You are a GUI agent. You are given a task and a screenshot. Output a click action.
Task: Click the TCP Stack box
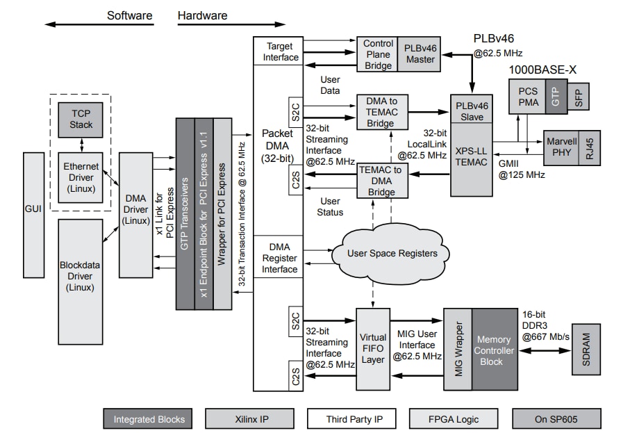pyautogui.click(x=81, y=120)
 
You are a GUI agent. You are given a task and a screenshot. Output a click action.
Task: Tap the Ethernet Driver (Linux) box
pyautogui.click(x=81, y=177)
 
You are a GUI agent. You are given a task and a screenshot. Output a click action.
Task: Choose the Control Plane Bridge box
pyautogui.click(x=378, y=54)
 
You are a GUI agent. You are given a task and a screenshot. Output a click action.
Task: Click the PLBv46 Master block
pyautogui.click(x=420, y=54)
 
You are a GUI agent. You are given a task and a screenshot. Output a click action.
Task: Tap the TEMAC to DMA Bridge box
pyautogui.click(x=382, y=180)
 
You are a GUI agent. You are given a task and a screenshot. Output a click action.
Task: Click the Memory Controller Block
pyautogui.click(x=495, y=350)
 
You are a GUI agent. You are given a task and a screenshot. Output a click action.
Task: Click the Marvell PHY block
pyautogui.click(x=562, y=147)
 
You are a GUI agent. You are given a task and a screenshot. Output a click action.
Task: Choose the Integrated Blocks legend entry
pyautogui.click(x=149, y=419)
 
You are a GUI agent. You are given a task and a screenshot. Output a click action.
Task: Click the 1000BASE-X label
pyautogui.click(x=542, y=70)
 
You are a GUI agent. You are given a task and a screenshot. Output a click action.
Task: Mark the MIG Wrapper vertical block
pyautogui.click(x=458, y=350)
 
